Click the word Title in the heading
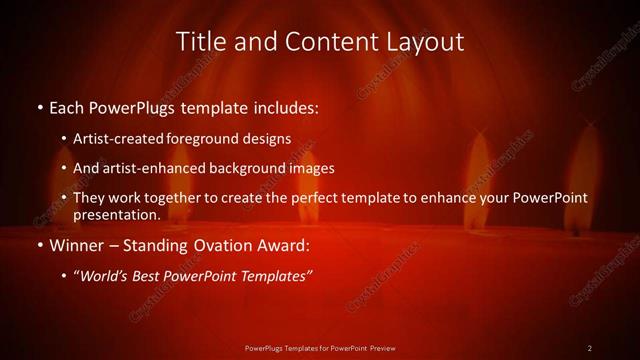[201, 42]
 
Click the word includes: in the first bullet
[284, 106]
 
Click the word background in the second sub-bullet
[246, 168]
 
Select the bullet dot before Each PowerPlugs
[39, 107]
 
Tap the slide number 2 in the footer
[590, 348]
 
